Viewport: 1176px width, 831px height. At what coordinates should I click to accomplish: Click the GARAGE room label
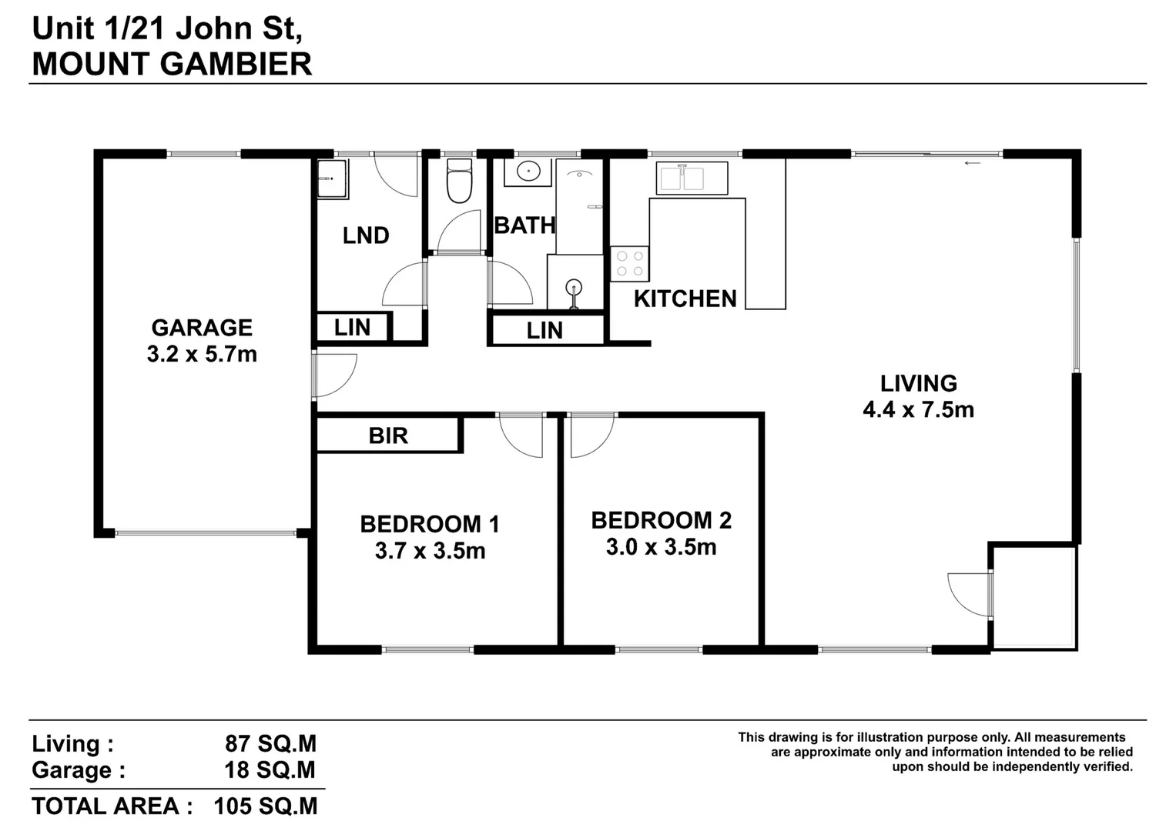pos(202,328)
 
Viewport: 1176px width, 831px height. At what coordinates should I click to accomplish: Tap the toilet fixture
pos(459,182)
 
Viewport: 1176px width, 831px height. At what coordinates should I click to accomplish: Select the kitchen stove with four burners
pos(629,264)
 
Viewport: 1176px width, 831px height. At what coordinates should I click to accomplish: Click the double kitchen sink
pos(691,178)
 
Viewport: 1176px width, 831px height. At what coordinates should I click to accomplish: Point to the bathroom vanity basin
pos(528,172)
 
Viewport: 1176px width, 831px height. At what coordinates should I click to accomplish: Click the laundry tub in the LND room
pos(333,179)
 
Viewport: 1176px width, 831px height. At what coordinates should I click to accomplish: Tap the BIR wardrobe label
pos(388,436)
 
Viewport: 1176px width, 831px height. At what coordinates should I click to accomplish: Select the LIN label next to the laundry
pos(352,328)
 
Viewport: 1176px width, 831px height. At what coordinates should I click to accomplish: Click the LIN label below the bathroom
pos(544,331)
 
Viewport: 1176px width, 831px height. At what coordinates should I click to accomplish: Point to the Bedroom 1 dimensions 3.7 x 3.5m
pos(430,551)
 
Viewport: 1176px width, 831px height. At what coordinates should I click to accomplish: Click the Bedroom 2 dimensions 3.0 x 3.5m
pos(661,547)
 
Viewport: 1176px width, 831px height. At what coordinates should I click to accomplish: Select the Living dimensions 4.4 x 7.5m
pos(918,409)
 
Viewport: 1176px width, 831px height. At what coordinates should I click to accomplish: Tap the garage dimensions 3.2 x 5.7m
pos(202,355)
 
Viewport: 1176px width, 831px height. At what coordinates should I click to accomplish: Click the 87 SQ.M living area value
pos(270,744)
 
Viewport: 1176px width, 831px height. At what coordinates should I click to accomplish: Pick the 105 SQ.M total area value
pos(265,806)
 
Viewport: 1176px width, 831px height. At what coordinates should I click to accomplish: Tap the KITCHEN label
pos(685,299)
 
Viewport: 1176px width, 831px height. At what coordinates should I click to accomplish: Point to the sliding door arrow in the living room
pos(973,163)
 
